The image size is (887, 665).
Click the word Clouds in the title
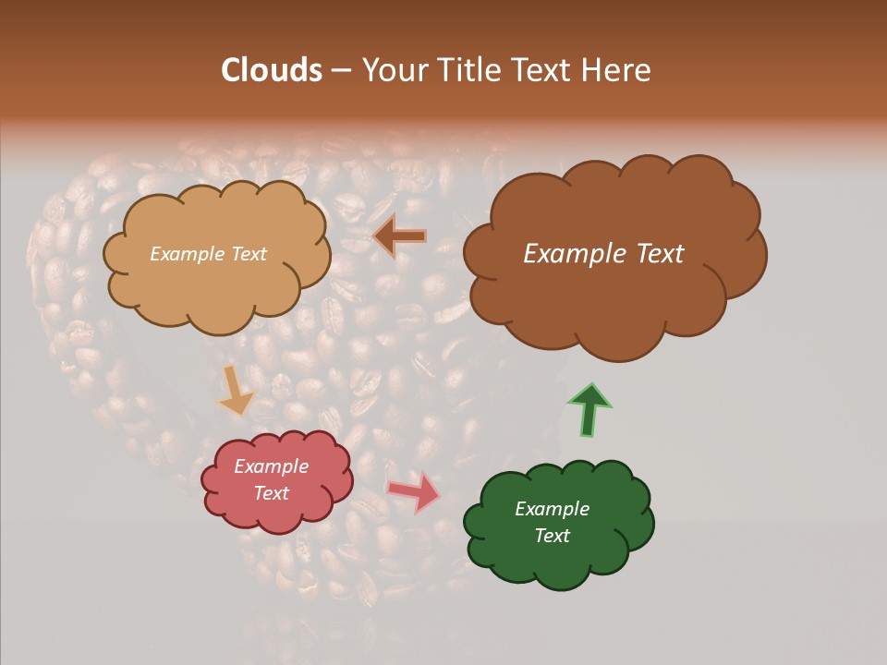(x=272, y=70)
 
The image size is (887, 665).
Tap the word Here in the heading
(x=616, y=70)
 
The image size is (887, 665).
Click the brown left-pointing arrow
(x=400, y=236)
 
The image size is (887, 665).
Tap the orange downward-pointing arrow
(x=237, y=390)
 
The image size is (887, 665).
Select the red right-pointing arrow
(x=414, y=491)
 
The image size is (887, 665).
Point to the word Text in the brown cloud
(x=653, y=254)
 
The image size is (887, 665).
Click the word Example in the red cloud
(x=271, y=466)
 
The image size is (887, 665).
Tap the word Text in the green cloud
(x=553, y=536)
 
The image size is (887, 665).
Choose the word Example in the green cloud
(x=552, y=509)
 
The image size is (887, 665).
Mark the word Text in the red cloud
(x=272, y=493)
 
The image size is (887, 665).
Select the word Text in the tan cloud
(x=249, y=254)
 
